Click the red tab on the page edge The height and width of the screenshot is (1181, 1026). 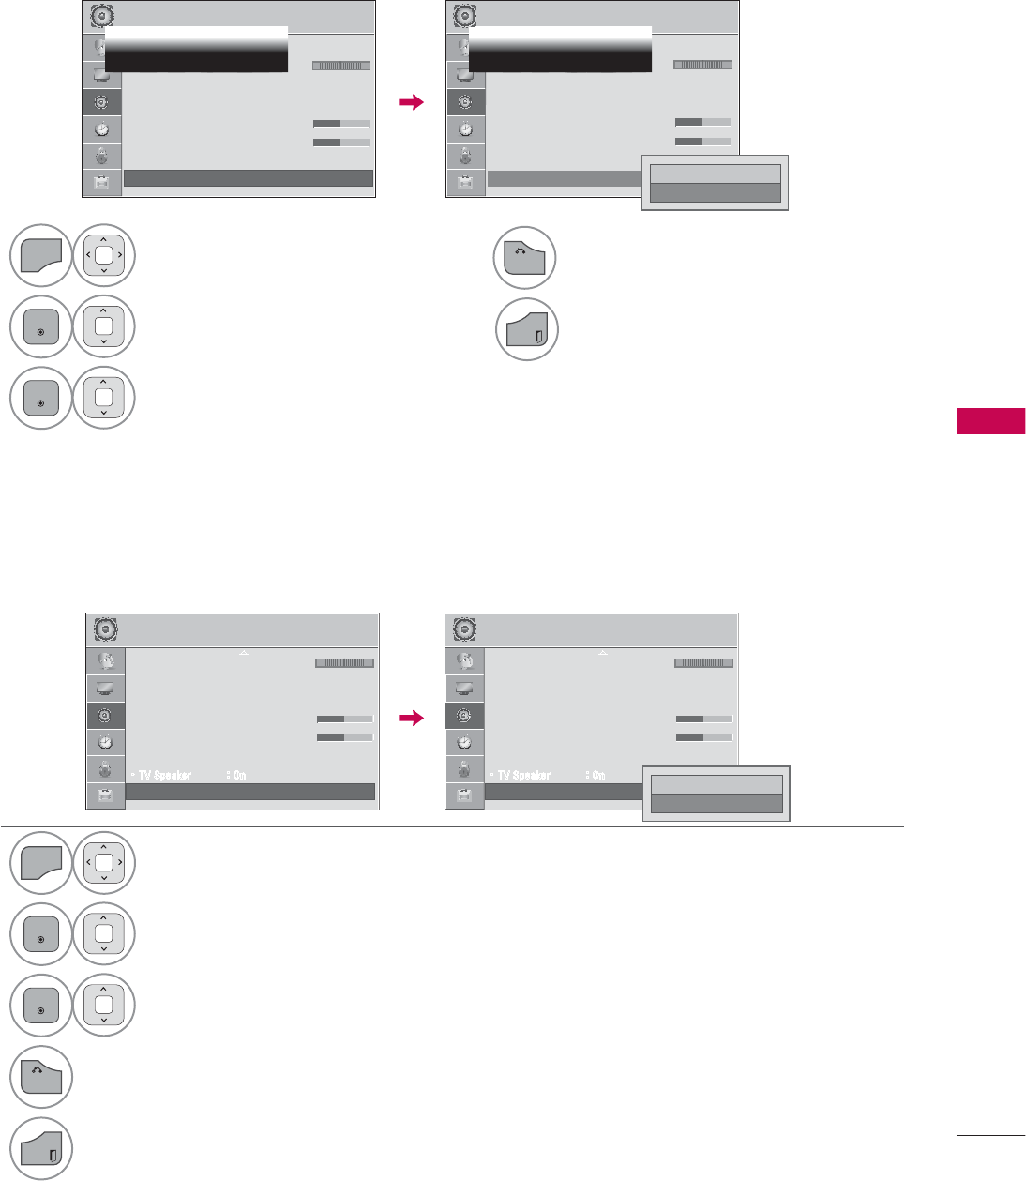point(990,421)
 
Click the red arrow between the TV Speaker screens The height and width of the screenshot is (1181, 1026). point(412,719)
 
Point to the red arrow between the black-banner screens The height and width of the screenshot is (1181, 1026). point(412,103)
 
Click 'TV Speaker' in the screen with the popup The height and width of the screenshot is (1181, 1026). point(524,775)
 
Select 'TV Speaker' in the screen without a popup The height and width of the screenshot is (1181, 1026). point(165,775)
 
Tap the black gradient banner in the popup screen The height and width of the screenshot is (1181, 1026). point(559,50)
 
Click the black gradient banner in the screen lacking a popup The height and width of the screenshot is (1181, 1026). point(195,50)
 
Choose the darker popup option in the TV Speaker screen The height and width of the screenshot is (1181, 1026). point(717,804)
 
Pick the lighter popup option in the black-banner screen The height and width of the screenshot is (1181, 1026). point(715,174)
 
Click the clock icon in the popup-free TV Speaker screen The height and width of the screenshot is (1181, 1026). point(105,742)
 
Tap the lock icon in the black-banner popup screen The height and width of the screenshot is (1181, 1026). point(465,156)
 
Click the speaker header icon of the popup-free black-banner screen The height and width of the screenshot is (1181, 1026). point(101,16)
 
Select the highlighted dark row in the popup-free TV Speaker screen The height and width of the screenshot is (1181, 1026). point(249,792)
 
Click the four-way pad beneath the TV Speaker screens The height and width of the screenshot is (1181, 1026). point(104,862)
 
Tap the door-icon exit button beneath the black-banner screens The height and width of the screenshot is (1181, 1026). point(526,330)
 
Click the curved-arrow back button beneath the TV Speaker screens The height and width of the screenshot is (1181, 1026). point(41,1077)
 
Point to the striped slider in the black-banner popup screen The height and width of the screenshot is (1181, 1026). point(702,66)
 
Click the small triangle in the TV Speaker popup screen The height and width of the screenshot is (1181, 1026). point(603,652)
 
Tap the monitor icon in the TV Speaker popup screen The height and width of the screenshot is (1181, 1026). point(464,688)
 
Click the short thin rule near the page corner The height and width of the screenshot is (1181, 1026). point(990,1135)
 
